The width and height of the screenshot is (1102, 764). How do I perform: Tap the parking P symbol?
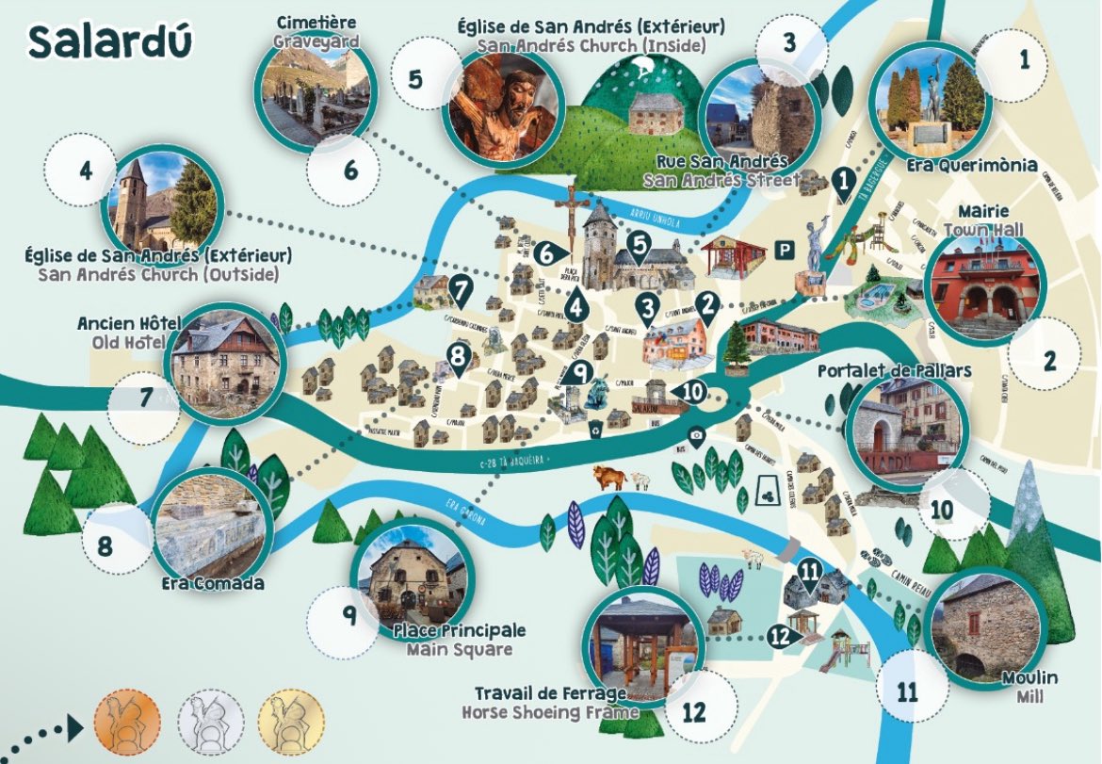pyautogui.click(x=782, y=249)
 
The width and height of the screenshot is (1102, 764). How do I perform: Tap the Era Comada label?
pyautogui.click(x=212, y=583)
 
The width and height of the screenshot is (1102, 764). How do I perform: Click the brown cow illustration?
pyautogui.click(x=608, y=477)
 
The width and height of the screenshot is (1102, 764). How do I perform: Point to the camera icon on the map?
pyautogui.click(x=696, y=435)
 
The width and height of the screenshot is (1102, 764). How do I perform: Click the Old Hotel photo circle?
pyautogui.click(x=224, y=361)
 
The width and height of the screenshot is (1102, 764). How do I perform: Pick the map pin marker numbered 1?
pyautogui.click(x=844, y=179)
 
